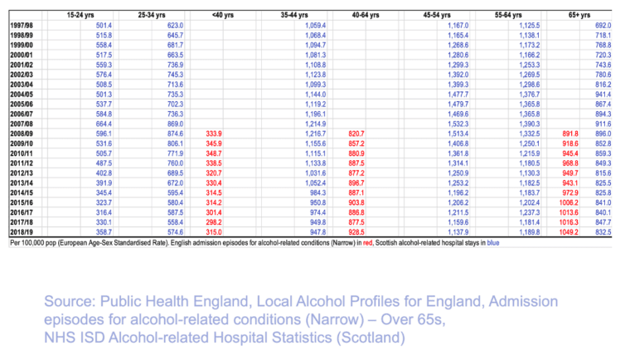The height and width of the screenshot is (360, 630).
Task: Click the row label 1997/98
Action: (22, 27)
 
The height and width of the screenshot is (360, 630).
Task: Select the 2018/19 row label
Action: (22, 235)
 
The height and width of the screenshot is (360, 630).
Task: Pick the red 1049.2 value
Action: (569, 235)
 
